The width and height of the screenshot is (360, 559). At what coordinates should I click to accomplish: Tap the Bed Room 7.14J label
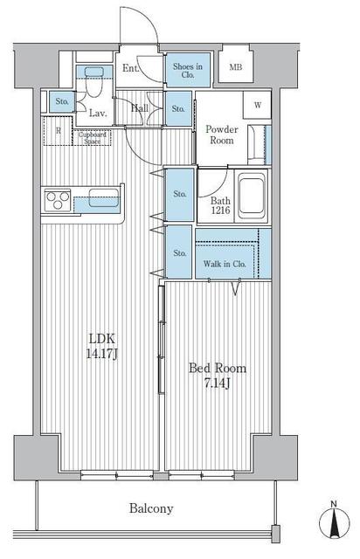218,376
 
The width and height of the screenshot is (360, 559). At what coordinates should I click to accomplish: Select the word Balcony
152,508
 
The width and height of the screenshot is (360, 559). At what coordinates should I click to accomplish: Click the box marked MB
235,68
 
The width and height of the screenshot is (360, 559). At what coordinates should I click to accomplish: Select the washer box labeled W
259,106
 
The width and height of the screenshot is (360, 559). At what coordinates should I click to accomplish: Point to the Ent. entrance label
131,68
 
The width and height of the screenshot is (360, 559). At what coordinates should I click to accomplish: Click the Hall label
139,108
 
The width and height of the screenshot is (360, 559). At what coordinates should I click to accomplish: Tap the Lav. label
99,112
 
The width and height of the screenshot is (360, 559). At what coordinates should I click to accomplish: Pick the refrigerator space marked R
58,131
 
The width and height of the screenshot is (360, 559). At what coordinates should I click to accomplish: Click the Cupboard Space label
93,136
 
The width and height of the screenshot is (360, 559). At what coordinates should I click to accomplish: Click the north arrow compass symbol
335,522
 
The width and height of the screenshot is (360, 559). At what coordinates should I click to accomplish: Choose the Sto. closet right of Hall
177,108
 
